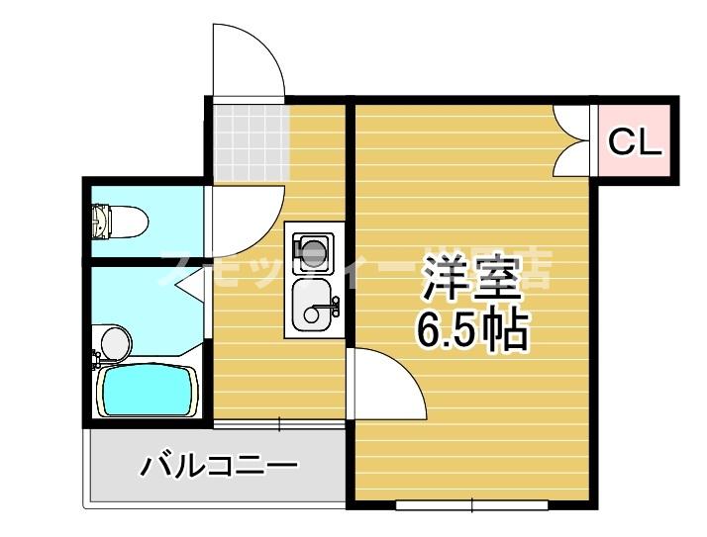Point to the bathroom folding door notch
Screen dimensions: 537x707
tap(190, 286)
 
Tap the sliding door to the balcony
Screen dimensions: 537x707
tap(279, 424)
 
